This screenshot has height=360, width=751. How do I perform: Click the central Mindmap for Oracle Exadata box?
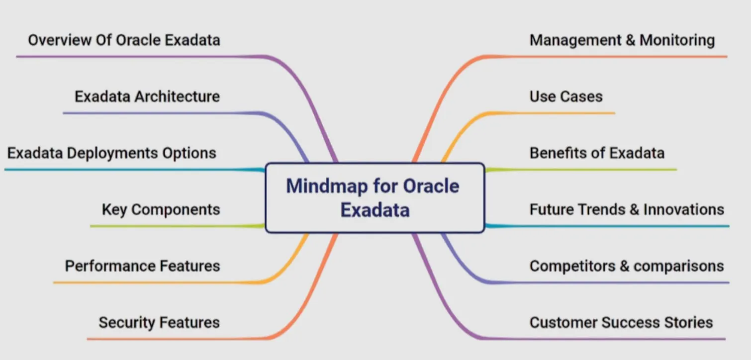click(375, 198)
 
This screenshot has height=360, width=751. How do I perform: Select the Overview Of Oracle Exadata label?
click(124, 40)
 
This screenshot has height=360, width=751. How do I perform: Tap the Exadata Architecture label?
click(147, 96)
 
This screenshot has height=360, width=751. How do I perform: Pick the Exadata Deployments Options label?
click(112, 153)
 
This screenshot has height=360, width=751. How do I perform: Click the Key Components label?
click(161, 209)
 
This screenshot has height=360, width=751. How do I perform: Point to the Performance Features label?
click(142, 266)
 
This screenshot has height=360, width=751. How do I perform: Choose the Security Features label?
click(159, 323)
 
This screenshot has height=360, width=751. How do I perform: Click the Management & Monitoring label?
click(622, 40)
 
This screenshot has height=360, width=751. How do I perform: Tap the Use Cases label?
click(565, 96)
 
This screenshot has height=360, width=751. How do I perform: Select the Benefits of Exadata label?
click(597, 153)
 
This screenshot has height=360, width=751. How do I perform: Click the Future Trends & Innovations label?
click(627, 209)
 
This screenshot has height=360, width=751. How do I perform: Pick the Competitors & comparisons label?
click(627, 266)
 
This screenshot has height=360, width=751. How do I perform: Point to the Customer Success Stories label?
click(621, 323)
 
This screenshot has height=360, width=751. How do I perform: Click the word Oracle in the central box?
click(431, 186)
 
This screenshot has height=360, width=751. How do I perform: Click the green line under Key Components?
click(174, 226)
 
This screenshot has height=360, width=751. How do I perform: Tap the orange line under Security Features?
click(174, 340)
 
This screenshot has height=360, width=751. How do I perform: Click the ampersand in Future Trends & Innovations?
click(634, 209)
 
